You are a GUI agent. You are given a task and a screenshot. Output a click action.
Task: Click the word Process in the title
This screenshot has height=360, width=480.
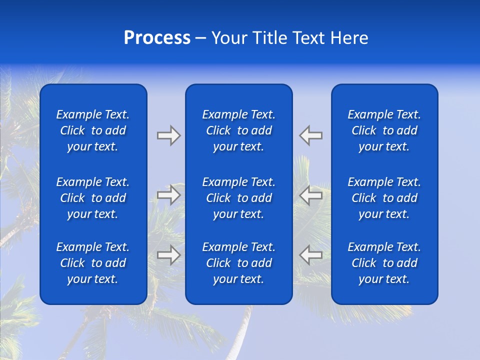(x=157, y=38)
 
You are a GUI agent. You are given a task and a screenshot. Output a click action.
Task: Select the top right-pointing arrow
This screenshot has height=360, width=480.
(x=168, y=135)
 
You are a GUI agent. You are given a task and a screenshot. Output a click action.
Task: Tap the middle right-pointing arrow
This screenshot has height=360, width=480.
(x=168, y=195)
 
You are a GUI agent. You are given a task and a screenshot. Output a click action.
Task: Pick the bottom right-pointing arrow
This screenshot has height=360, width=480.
(x=168, y=255)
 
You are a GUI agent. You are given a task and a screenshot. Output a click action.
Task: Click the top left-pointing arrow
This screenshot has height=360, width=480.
(x=311, y=135)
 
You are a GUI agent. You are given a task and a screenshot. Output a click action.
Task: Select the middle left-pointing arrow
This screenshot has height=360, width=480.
(x=311, y=195)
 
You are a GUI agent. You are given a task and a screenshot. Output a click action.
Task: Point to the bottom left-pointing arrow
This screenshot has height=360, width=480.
(x=311, y=255)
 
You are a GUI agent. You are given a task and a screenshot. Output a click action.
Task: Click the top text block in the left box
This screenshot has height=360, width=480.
(x=93, y=130)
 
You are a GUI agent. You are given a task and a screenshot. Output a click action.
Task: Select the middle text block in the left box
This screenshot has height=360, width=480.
(x=93, y=198)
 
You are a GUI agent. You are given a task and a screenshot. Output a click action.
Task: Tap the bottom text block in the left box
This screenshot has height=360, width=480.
(x=93, y=263)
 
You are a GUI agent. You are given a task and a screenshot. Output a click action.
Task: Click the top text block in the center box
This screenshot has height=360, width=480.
(x=239, y=130)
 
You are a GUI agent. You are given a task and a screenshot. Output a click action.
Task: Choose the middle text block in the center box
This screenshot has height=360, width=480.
(x=239, y=198)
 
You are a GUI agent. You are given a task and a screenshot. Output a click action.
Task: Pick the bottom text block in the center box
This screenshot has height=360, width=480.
(x=239, y=263)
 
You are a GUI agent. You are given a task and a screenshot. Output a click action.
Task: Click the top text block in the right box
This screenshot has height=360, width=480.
(x=384, y=130)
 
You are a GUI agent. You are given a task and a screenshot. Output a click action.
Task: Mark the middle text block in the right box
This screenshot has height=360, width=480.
(x=384, y=198)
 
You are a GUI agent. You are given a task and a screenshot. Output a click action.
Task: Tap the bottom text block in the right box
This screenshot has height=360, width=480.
(x=384, y=263)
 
